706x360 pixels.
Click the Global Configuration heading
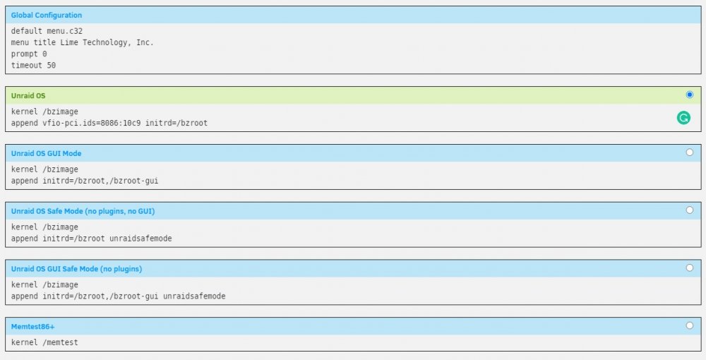click(x=47, y=16)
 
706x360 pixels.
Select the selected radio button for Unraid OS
click(x=689, y=95)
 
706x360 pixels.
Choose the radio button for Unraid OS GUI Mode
click(x=689, y=152)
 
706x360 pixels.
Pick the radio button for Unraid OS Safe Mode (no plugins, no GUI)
click(x=689, y=210)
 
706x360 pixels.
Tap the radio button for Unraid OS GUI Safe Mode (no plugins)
click(x=689, y=268)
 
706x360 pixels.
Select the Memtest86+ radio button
click(x=689, y=325)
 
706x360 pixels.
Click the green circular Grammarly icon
click(x=683, y=118)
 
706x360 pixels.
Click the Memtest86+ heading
click(x=33, y=327)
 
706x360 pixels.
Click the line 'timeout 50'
click(x=33, y=65)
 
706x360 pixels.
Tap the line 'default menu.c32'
click(x=47, y=31)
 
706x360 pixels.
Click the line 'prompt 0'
click(x=29, y=54)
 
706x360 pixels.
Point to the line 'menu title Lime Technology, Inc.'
click(x=83, y=42)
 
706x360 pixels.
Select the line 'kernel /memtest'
click(x=44, y=342)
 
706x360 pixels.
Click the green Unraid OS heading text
click(x=28, y=96)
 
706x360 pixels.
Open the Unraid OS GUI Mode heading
click(x=47, y=153)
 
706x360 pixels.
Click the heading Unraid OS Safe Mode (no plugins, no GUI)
click(x=83, y=211)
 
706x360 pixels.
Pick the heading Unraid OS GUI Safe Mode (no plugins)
click(x=76, y=269)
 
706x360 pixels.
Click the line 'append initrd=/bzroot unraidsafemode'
click(x=91, y=239)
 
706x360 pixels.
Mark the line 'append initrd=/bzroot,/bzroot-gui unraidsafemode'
click(x=119, y=296)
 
